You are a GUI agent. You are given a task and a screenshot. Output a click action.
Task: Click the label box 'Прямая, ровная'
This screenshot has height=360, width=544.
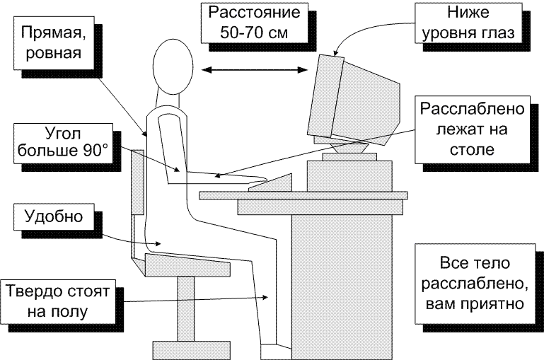pyautogui.click(x=50, y=42)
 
